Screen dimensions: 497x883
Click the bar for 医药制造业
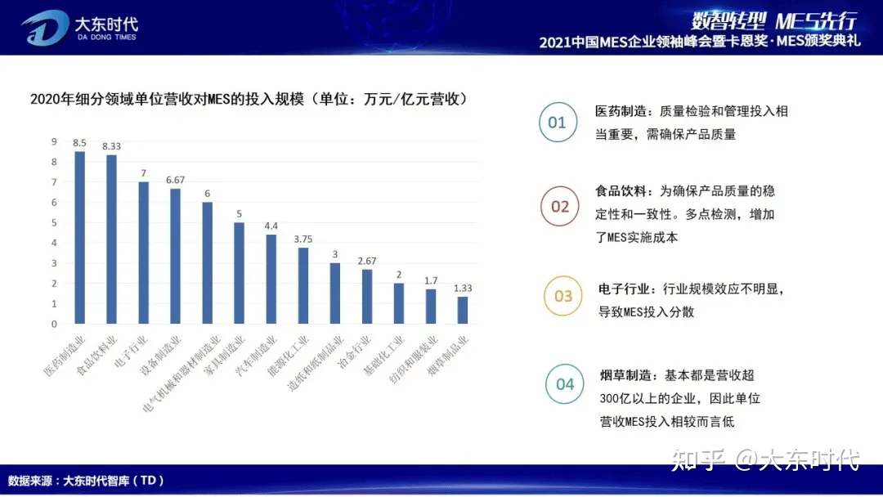[x=79, y=237]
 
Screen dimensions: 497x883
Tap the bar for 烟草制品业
[x=463, y=310]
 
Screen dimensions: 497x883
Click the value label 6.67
[x=175, y=180]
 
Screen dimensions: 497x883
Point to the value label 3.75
[x=303, y=239]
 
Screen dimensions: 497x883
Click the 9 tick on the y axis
[x=55, y=141]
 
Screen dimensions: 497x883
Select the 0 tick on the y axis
[x=55, y=324]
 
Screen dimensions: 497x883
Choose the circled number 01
[x=557, y=123]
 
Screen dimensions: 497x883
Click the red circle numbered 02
[x=560, y=207]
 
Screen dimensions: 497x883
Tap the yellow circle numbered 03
[x=563, y=296]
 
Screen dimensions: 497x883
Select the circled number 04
[x=565, y=383]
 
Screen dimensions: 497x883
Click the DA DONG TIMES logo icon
[x=45, y=27]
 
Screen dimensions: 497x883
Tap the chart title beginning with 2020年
[x=249, y=100]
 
